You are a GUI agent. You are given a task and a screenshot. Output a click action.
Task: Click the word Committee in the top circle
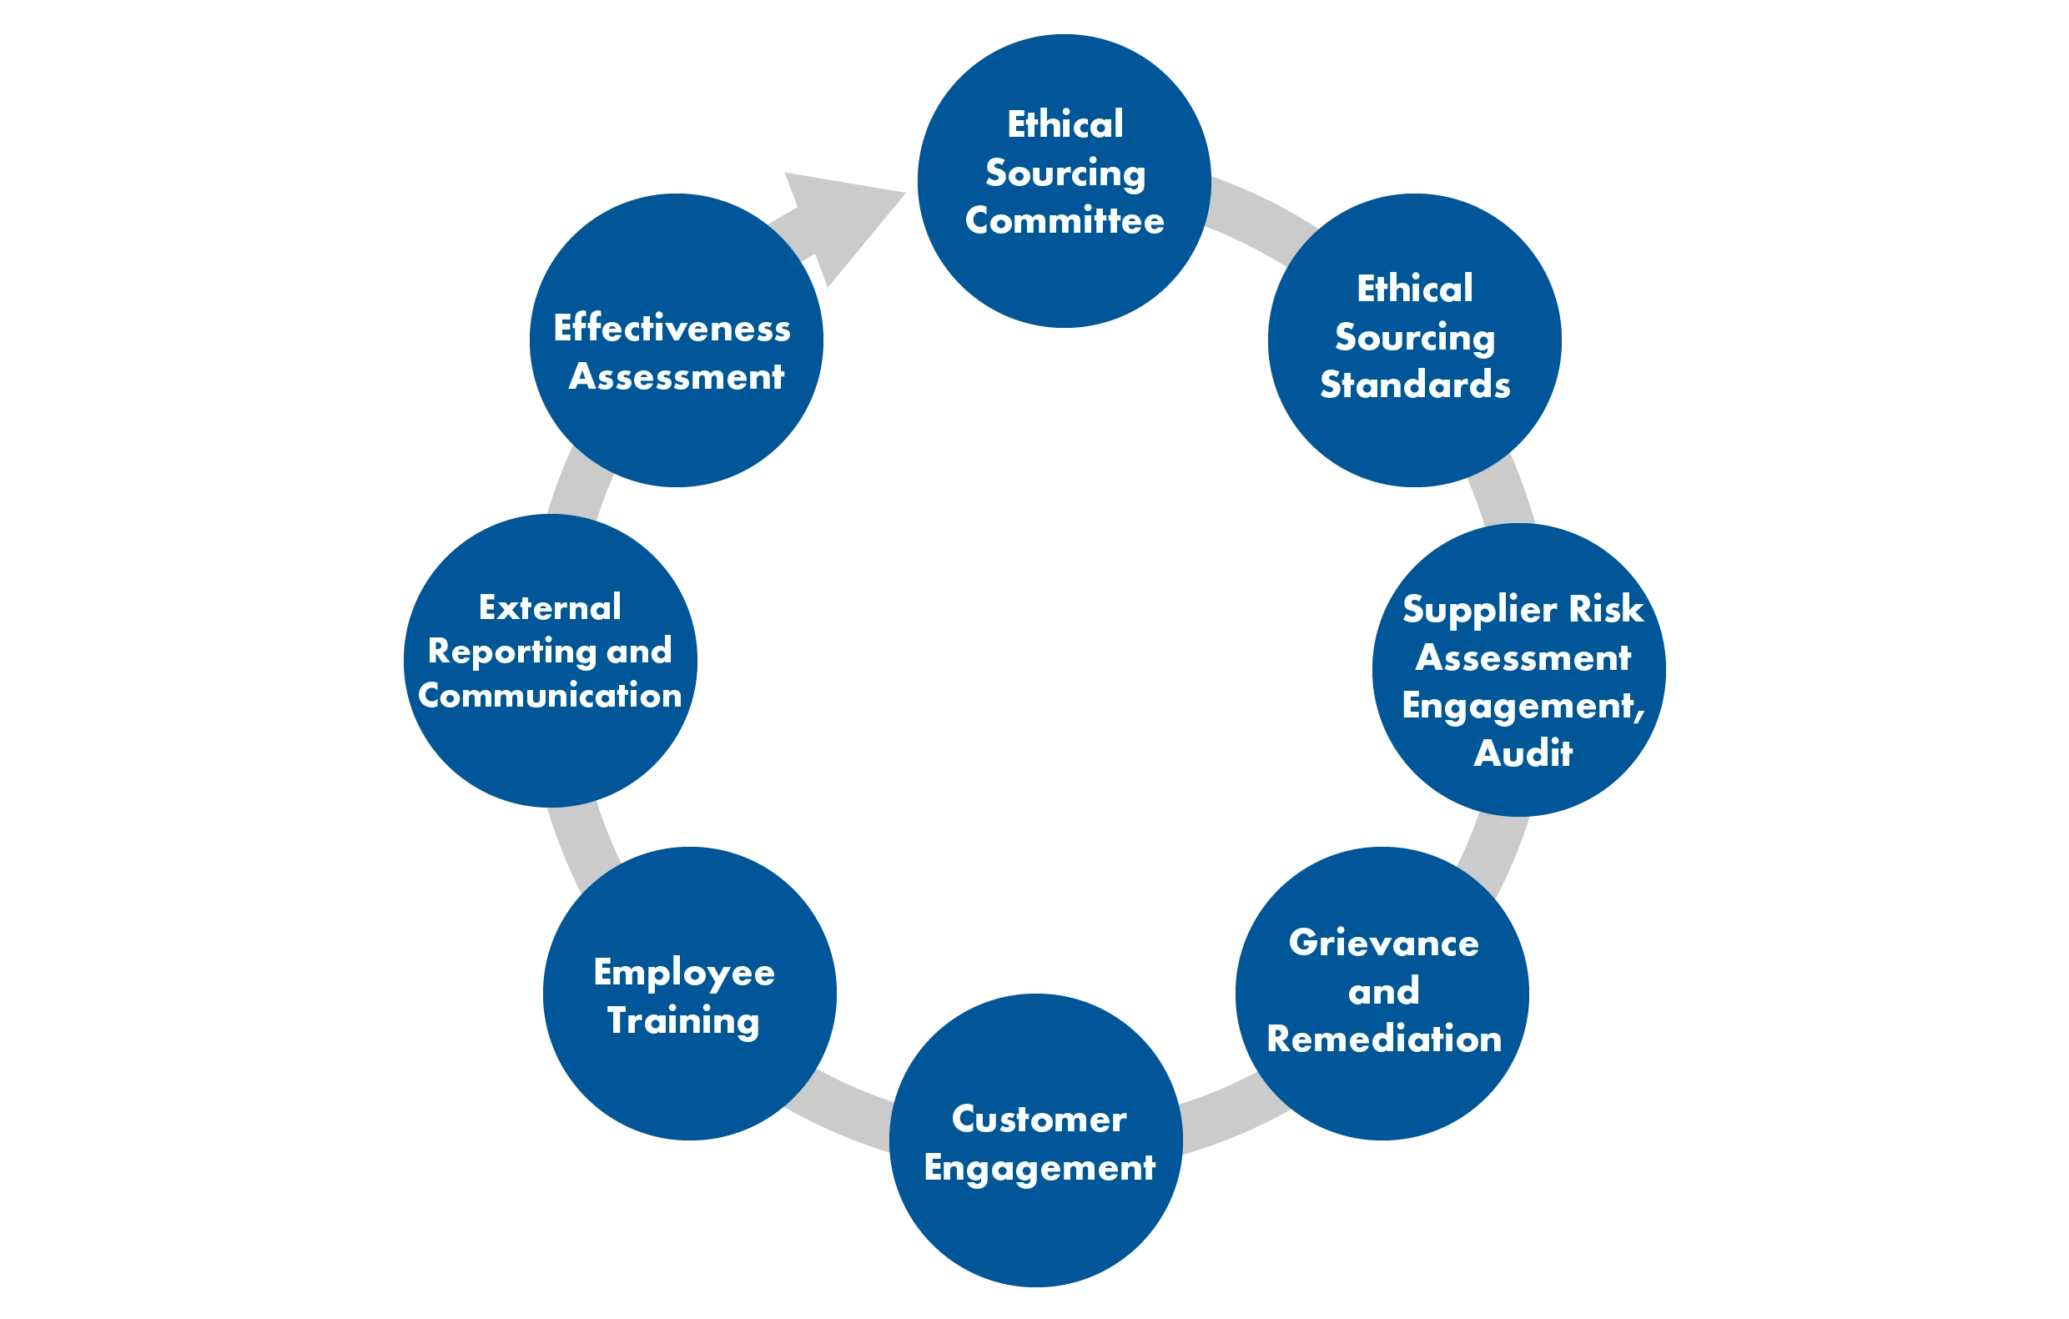click(x=1065, y=221)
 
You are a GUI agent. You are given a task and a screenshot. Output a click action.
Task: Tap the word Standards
click(x=1415, y=385)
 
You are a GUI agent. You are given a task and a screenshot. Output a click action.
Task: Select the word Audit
click(x=1523, y=753)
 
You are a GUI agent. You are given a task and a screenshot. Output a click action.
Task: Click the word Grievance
click(x=1384, y=943)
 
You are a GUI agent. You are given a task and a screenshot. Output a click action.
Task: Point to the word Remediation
click(x=1384, y=1039)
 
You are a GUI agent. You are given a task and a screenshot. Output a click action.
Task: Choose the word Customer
click(x=1039, y=1119)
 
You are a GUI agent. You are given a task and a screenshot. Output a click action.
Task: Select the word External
click(x=550, y=607)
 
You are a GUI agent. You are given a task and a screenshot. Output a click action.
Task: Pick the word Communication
click(x=550, y=695)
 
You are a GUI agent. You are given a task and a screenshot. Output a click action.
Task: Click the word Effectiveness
click(x=672, y=327)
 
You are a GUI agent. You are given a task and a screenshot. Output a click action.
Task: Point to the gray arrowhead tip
click(x=906, y=193)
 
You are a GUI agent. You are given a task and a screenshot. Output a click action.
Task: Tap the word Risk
click(x=1607, y=608)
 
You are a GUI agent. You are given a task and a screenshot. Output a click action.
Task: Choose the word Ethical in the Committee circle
click(x=1065, y=124)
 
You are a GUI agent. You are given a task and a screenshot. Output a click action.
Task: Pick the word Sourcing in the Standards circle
click(x=1415, y=339)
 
